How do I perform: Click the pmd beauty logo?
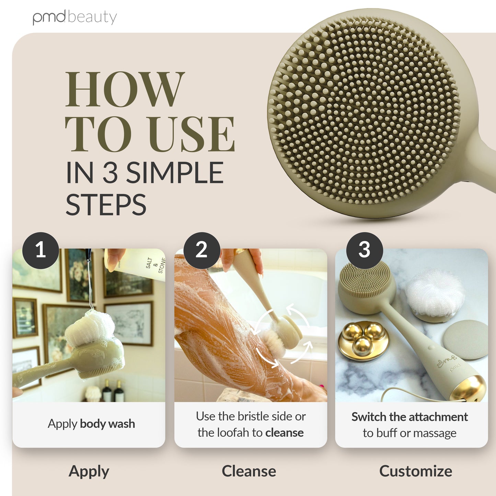tap(74, 17)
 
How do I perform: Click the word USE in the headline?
tap(193, 134)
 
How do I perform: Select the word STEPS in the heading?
tap(106, 205)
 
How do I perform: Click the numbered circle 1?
tap(41, 251)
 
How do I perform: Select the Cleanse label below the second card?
tap(249, 471)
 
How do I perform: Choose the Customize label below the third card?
tap(416, 471)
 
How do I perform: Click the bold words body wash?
tap(107, 424)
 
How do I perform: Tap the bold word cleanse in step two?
tap(285, 433)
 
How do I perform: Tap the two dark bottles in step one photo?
tap(113, 391)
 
